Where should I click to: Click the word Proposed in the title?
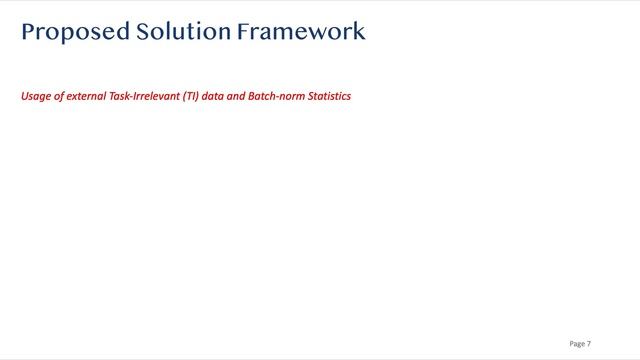[x=74, y=32]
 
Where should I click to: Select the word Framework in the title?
[x=301, y=32]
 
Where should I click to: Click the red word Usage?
[x=36, y=98]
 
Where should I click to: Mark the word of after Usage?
[x=59, y=98]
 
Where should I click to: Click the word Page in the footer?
[x=577, y=344]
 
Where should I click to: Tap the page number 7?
[x=589, y=344]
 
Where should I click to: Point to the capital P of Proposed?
[x=28, y=32]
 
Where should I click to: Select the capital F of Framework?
[x=243, y=32]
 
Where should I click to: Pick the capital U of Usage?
[x=24, y=98]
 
